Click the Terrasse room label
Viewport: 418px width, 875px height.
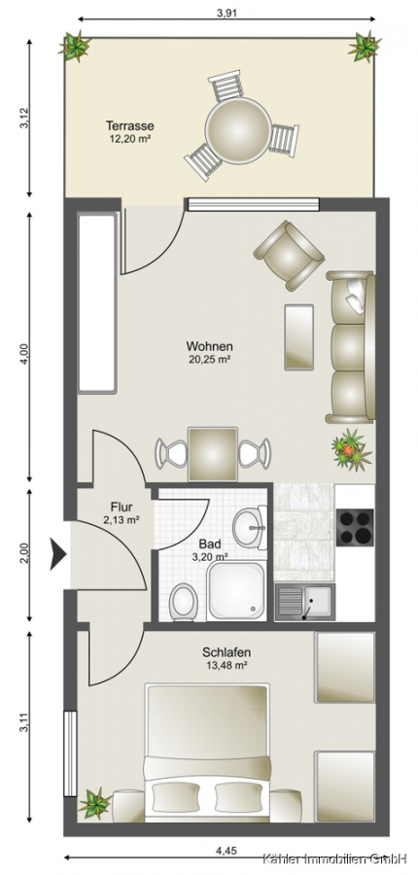[x=130, y=126]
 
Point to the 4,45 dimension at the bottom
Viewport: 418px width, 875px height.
[x=226, y=851]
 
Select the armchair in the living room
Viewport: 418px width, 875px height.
[x=289, y=255]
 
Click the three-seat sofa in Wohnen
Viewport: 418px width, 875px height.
[x=351, y=347]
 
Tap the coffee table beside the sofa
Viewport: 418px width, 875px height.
[x=299, y=336]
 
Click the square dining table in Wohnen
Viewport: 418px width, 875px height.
[x=213, y=454]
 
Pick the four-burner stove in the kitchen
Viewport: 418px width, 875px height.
[x=356, y=527]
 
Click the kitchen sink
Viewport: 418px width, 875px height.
[x=304, y=602]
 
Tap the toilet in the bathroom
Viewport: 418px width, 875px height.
[x=183, y=602]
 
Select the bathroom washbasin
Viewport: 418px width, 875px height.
[x=250, y=528]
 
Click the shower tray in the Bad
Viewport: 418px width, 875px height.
[x=236, y=591]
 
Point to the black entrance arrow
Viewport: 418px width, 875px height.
[x=58, y=554]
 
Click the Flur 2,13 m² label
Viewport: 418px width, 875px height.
[x=122, y=512]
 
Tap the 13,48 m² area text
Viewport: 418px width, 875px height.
[x=226, y=665]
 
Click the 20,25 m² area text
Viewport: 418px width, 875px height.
[x=210, y=360]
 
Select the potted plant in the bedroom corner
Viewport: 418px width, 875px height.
[x=94, y=804]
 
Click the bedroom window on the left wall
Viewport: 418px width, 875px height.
[x=70, y=753]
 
